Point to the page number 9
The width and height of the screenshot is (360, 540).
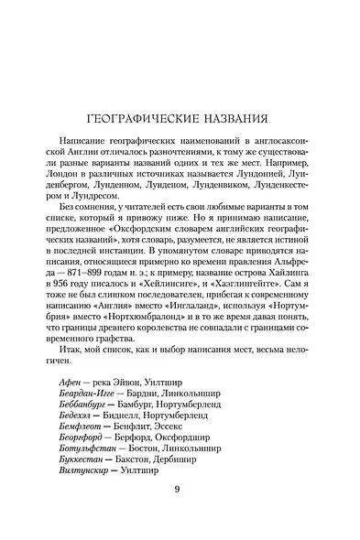coord(179,486)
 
